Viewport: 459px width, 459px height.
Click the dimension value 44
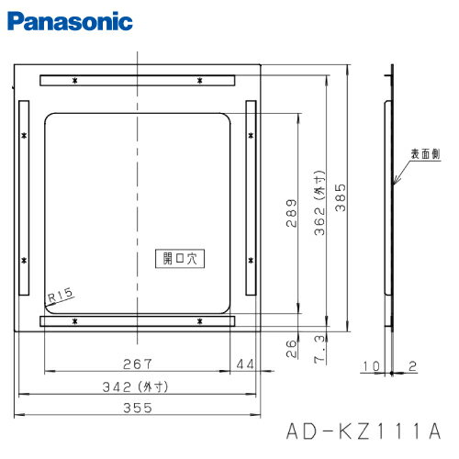click(244, 364)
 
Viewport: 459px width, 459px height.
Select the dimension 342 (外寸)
click(138, 386)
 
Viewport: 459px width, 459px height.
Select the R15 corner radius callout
click(60, 295)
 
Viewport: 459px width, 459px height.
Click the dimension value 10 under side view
click(369, 366)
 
